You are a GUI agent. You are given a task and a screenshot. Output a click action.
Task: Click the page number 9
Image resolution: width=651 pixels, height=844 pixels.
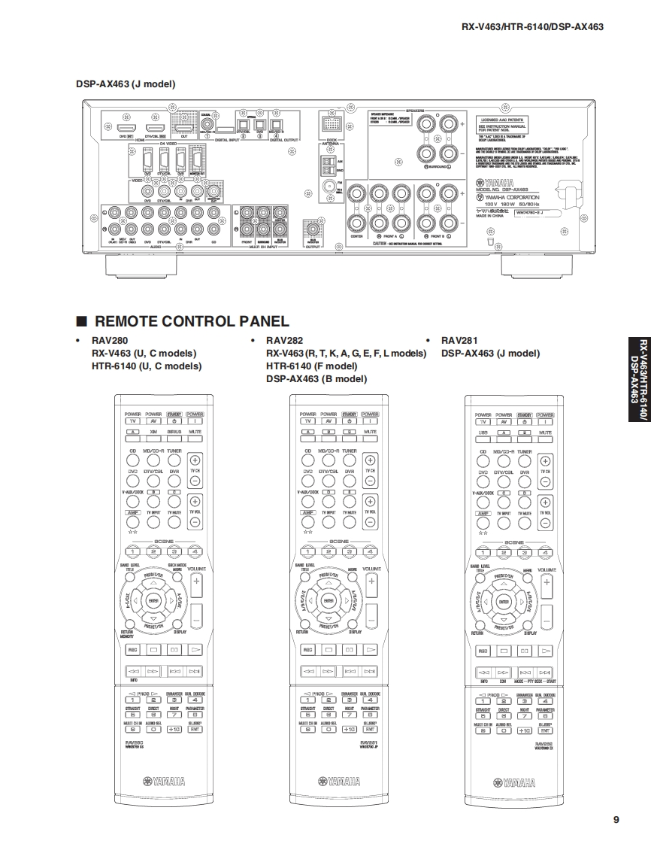(x=616, y=820)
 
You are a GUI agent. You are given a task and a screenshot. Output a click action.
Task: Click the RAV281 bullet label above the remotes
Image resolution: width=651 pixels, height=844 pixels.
(x=457, y=340)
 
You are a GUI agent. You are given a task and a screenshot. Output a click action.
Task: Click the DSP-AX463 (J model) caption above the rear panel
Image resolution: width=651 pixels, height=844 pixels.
(x=125, y=84)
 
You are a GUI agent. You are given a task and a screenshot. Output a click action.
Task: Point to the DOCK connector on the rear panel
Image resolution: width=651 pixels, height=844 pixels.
(x=330, y=125)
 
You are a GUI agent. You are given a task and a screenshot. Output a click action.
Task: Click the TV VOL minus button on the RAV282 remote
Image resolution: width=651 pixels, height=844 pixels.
(x=369, y=521)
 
